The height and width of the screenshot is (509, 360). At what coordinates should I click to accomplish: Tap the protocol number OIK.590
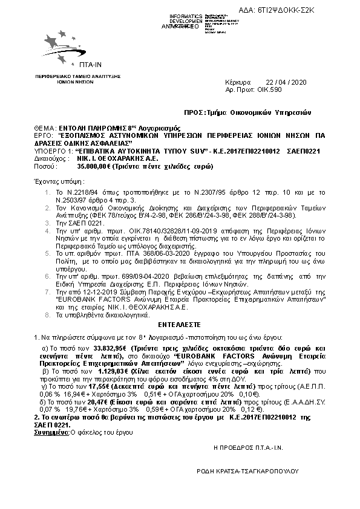click(271, 89)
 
